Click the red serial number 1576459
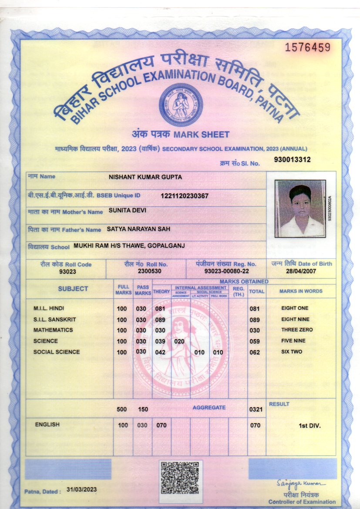308,47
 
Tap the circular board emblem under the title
180,105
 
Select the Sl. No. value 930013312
292,159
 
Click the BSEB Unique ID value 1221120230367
185,196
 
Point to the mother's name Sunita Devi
127,210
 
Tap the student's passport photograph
300,209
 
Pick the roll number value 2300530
146,271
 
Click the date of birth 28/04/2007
301,271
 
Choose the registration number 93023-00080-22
221,271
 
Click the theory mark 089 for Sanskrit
161,319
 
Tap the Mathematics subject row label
53,330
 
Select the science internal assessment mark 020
179,341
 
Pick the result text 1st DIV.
310,425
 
